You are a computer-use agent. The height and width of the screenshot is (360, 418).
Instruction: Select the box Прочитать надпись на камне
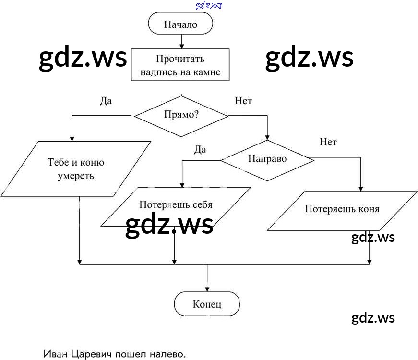tap(180, 66)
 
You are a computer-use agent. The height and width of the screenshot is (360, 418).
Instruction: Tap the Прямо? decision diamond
tap(181, 116)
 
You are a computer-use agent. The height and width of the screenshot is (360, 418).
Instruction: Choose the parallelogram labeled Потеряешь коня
tap(342, 209)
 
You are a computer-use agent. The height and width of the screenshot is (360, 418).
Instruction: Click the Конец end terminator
tap(207, 304)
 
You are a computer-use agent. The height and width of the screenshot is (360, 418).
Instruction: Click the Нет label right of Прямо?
tap(243, 101)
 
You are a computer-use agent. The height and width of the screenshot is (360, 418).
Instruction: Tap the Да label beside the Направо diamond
tap(200, 149)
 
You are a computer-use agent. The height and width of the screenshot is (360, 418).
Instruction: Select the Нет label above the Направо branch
tap(328, 142)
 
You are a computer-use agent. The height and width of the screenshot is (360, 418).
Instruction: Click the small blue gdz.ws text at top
tap(209, 6)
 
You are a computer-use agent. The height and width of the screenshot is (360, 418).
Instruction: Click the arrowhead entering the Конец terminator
tap(207, 289)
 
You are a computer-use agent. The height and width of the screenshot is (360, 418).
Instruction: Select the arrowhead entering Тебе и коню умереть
tap(72, 138)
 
